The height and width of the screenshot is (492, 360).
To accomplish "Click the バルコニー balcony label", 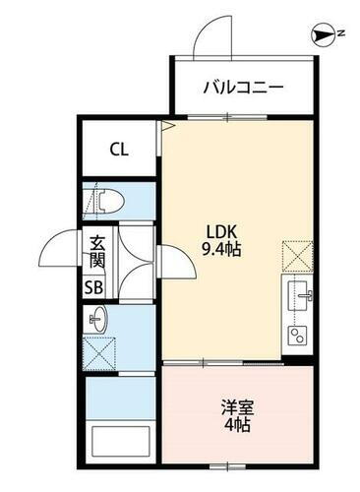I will (x=244, y=88).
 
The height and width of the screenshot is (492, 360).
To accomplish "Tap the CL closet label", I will (x=119, y=151).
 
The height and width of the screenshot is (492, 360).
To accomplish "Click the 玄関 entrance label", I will (x=96, y=251).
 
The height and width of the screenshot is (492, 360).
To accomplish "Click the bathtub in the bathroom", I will (x=119, y=441).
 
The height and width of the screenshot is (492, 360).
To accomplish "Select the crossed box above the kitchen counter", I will (x=298, y=255).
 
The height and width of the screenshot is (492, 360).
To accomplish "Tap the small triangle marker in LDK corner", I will (x=168, y=126).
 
